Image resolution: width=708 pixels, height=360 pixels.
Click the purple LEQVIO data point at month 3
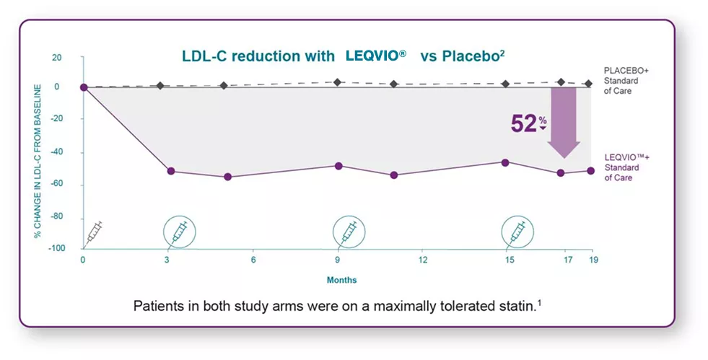171,171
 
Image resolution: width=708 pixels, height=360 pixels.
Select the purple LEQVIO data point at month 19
590,171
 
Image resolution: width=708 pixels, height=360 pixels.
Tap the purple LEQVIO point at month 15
505,162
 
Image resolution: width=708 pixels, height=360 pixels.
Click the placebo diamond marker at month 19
588,84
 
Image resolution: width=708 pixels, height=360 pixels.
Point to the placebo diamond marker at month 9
338,82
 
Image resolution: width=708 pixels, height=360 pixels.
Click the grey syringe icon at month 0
95,232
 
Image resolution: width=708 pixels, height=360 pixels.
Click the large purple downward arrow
564,123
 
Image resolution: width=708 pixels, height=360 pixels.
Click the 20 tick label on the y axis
57,57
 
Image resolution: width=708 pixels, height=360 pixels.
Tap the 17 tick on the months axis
567,260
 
